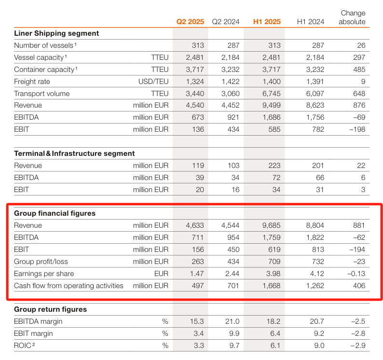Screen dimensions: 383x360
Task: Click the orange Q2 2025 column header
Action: coord(190,22)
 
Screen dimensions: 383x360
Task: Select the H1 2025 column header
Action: coord(267,22)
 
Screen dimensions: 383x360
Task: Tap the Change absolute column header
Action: coord(352,17)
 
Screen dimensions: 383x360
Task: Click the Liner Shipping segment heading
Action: coord(56,33)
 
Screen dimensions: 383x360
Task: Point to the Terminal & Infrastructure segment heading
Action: coord(74,153)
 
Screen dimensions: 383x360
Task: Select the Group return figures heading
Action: coord(50,309)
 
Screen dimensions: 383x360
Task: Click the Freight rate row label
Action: coord(32,82)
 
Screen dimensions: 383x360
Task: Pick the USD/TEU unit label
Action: coord(153,82)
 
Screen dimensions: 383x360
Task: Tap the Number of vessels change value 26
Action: coord(361,45)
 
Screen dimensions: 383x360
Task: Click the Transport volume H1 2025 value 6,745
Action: coord(272,94)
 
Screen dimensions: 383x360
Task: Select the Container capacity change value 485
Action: coord(359,69)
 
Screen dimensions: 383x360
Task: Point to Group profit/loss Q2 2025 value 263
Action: coord(198,262)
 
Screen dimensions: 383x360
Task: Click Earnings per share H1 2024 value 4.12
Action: coord(317,274)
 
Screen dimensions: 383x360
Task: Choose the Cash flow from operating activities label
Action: coord(68,286)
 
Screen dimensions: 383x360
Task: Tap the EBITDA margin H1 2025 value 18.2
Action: coord(274,321)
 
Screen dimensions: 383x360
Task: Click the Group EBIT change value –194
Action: coord(357,249)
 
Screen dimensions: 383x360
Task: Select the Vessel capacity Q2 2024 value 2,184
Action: coord(231,57)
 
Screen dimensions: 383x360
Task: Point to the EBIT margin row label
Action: coord(33,333)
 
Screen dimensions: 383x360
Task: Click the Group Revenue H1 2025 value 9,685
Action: coord(272,225)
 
